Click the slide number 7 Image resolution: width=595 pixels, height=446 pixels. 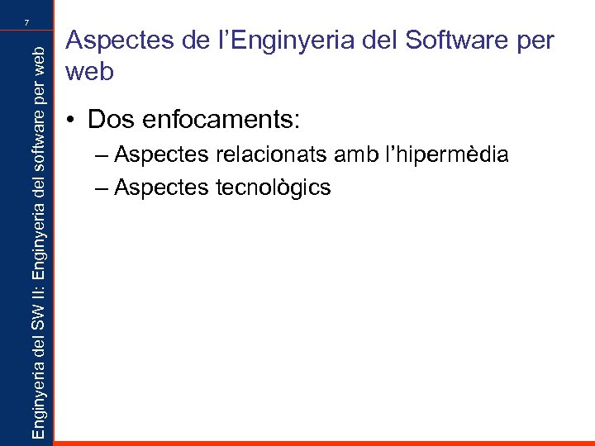click(26, 21)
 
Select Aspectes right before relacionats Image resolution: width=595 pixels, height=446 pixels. click(159, 154)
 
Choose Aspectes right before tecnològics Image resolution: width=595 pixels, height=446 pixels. click(159, 188)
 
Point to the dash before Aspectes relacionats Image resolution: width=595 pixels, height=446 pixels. click(102, 155)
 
